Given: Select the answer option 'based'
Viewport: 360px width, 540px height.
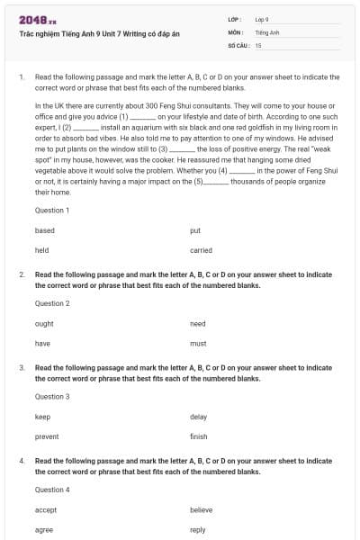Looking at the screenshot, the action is [x=45, y=230].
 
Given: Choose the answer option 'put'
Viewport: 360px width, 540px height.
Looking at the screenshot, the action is [x=195, y=230].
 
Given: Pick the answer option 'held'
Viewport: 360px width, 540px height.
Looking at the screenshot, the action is [x=42, y=250].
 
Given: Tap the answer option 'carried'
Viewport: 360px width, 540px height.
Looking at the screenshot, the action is [x=201, y=250].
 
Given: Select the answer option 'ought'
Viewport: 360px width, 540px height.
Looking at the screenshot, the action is [x=44, y=324].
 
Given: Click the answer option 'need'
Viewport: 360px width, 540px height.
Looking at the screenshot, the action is [x=198, y=324].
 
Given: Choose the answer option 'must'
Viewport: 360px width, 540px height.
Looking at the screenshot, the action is [x=198, y=344].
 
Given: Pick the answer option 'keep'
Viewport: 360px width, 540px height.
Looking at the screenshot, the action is [x=43, y=417].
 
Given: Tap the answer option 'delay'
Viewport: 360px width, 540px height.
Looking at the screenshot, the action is [x=199, y=417].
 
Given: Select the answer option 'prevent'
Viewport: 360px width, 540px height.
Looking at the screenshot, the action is [x=47, y=436].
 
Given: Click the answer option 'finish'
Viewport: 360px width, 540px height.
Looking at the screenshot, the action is [x=199, y=436].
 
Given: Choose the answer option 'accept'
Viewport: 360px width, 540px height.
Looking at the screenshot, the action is [x=46, y=510].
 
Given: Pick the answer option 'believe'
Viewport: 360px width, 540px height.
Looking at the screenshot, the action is [x=202, y=510].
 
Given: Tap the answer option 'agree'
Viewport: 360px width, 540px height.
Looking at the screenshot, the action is [x=44, y=530].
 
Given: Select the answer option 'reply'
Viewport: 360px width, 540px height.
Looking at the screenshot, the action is [x=198, y=530].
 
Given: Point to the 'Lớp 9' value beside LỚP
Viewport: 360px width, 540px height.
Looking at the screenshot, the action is [x=262, y=19].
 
